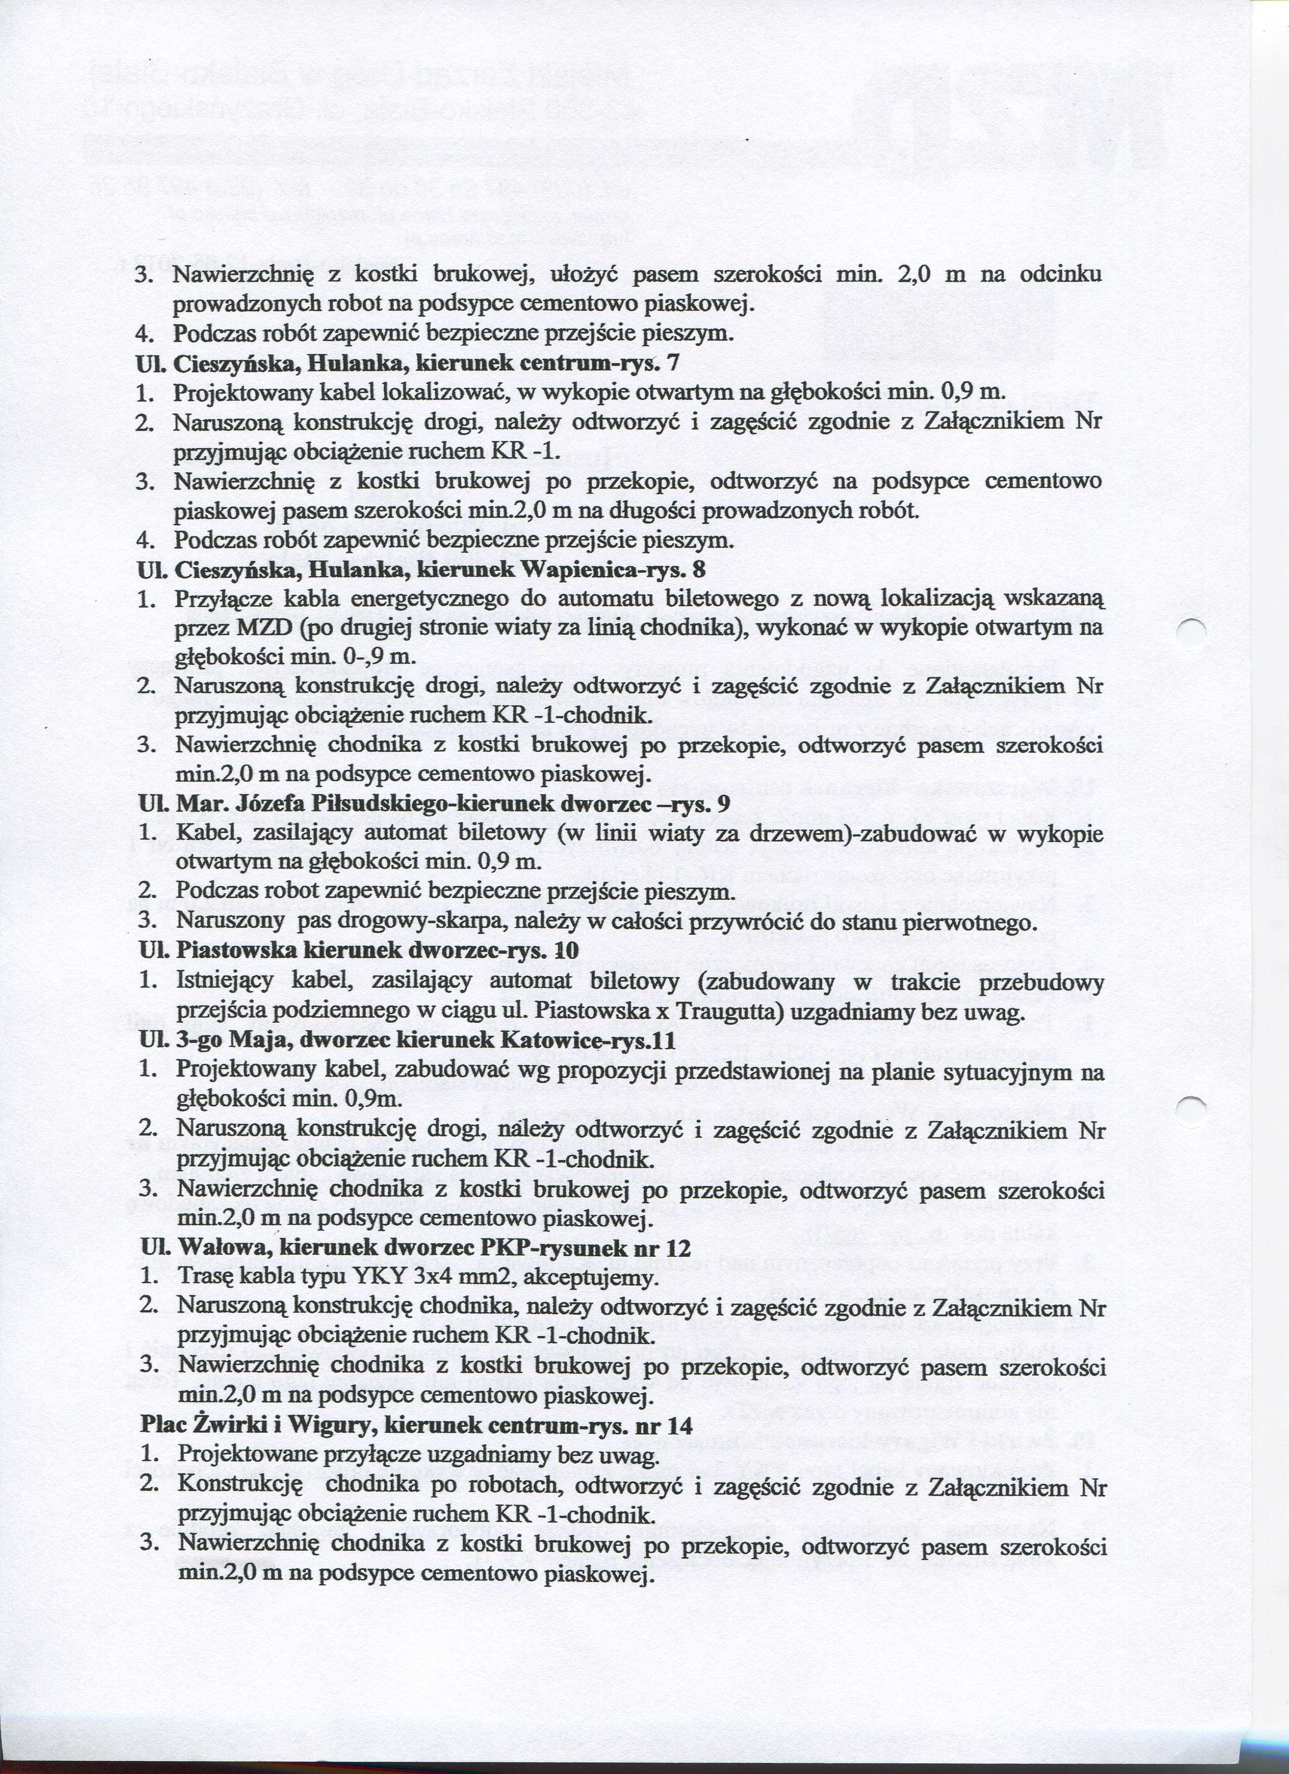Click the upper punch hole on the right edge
pyautogui.click(x=1192, y=631)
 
